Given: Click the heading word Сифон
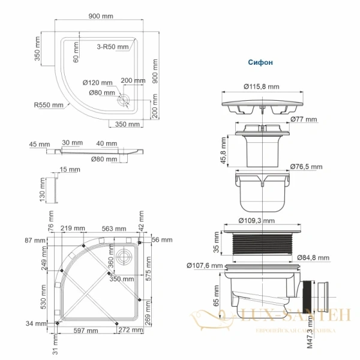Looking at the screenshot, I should click(261, 62).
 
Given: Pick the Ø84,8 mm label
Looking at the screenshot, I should click(312, 258).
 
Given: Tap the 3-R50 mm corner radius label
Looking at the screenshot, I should click(113, 46).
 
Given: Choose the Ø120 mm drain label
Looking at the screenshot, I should click(97, 83).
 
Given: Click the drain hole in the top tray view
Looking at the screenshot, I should click(125, 100).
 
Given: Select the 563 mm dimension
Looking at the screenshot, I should click(113, 229).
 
